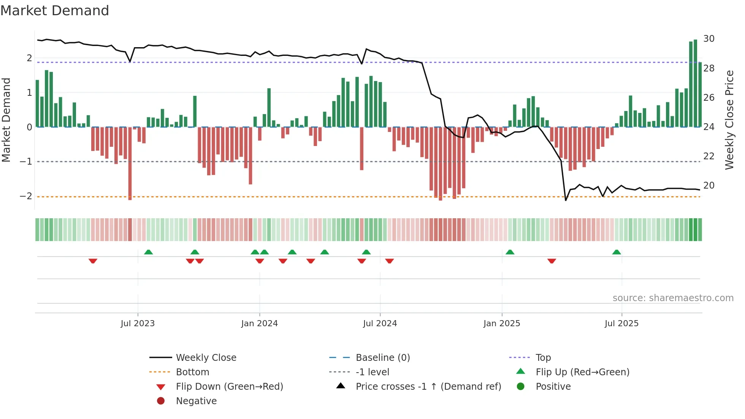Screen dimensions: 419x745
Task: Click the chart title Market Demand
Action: [55, 11]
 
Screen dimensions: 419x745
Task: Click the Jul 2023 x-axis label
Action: [138, 324]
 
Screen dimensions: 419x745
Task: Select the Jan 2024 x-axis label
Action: [260, 324]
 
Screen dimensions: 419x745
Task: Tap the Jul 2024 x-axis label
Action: [380, 324]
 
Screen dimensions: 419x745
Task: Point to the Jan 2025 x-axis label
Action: [502, 324]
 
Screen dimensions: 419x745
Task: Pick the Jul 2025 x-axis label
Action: [621, 324]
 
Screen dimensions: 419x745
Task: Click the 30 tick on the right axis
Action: [709, 39]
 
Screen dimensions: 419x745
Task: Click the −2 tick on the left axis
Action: [26, 196]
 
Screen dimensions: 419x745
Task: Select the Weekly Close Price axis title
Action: [729, 120]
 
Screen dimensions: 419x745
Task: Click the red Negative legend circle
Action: [161, 401]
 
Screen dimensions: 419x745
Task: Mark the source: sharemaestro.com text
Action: [673, 298]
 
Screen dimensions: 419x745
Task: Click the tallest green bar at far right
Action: [695, 84]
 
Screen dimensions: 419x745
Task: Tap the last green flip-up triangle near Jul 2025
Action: [617, 252]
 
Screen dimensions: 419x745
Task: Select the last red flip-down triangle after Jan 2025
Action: [552, 261]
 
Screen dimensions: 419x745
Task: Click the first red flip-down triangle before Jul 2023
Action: [93, 261]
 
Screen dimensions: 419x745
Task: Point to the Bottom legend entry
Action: [192, 372]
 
